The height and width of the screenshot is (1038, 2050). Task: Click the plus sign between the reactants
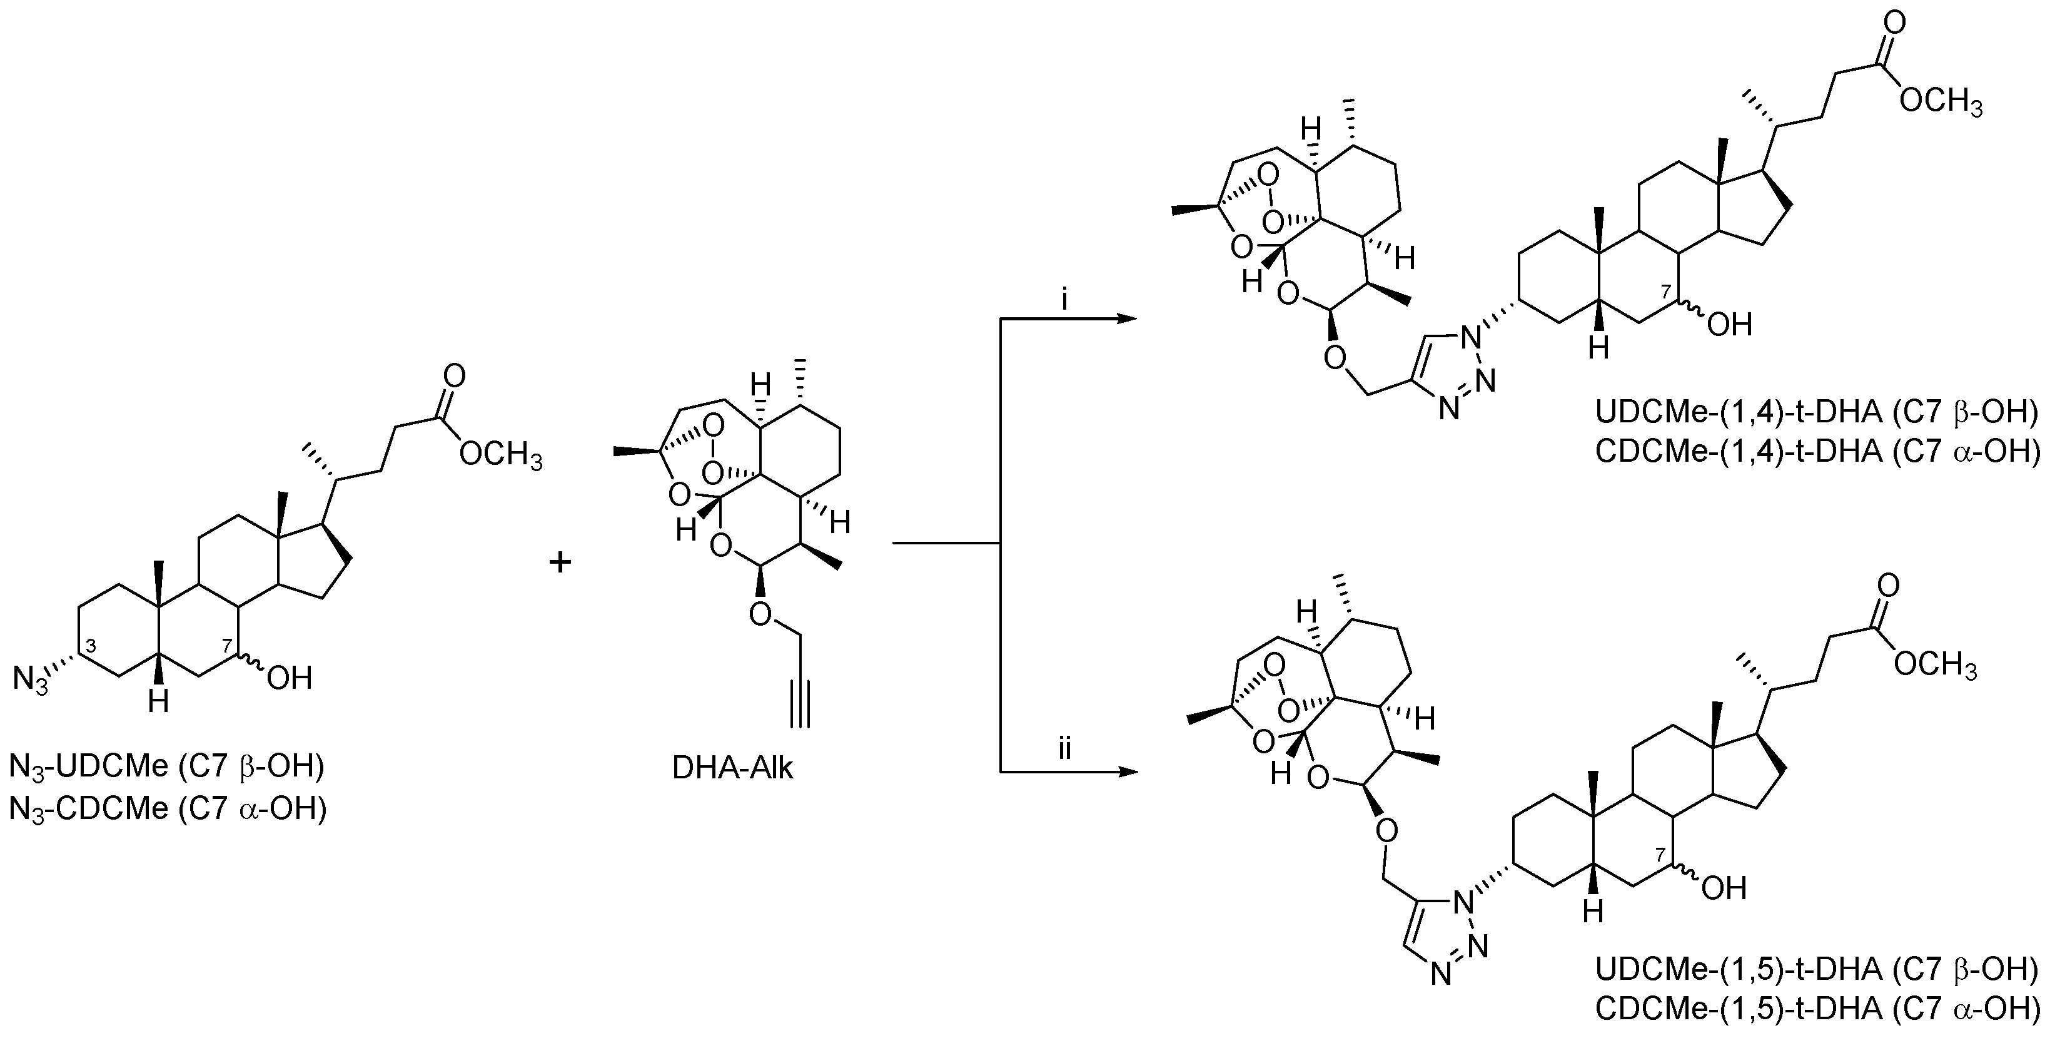point(560,562)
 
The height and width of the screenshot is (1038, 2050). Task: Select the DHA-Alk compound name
point(732,769)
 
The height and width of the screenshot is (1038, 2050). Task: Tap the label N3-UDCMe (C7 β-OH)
point(167,767)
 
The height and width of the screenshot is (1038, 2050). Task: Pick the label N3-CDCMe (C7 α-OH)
point(167,809)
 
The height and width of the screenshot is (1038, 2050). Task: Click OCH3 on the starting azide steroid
point(500,456)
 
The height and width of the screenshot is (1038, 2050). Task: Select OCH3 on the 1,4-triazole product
point(1940,103)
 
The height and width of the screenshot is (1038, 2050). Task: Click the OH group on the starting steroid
point(288,678)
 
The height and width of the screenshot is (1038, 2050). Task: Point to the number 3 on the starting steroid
point(91,646)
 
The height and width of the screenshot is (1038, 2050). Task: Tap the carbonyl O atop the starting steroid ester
point(455,375)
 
